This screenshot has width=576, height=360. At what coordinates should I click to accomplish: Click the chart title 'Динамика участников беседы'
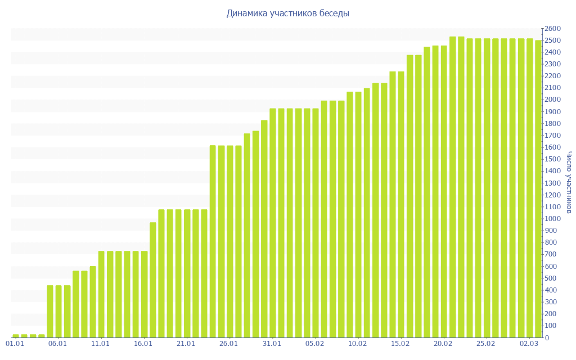[287, 13]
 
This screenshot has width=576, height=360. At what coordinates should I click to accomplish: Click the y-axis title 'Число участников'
[569, 182]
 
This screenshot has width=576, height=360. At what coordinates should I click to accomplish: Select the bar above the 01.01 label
[15, 336]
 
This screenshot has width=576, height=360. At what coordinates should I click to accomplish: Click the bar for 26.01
[229, 241]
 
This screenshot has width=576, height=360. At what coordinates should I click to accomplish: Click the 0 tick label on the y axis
[547, 337]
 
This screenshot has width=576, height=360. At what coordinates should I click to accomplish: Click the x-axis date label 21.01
[186, 344]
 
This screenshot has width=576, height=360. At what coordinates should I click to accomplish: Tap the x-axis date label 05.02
[314, 344]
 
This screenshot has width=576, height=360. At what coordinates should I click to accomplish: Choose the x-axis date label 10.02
[358, 344]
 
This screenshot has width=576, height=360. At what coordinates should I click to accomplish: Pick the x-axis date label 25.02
[486, 344]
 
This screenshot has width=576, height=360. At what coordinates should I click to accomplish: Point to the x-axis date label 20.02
[443, 344]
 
